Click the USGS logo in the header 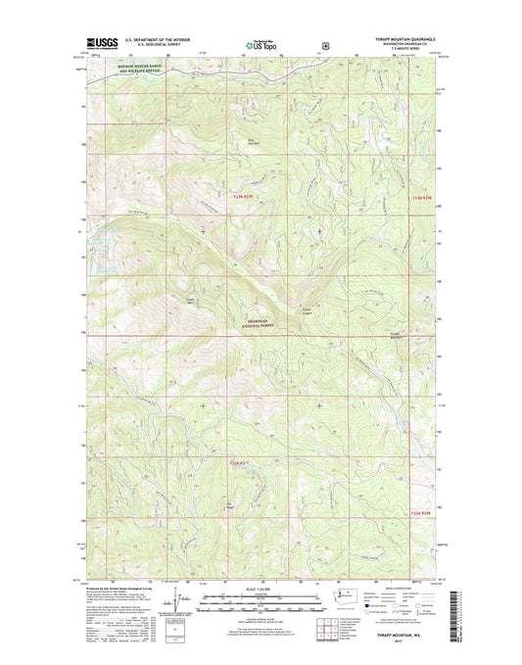pyautogui.click(x=102, y=43)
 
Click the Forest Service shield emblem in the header pyautogui.click(x=324, y=43)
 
